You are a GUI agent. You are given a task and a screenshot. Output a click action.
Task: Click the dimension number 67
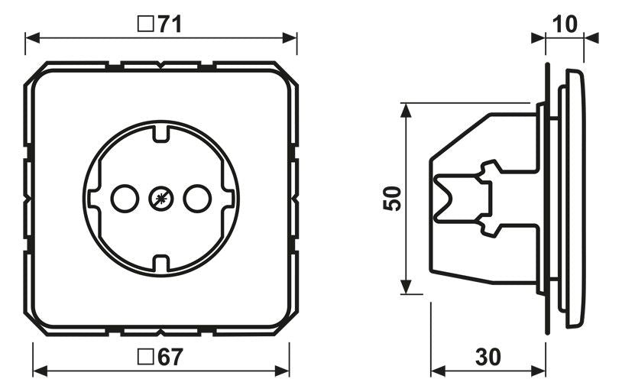click(170, 357)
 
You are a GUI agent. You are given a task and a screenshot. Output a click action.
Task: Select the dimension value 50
click(391, 199)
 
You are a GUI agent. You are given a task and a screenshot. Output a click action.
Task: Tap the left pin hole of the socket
click(121, 199)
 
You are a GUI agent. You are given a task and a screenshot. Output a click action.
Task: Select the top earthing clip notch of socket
click(160, 134)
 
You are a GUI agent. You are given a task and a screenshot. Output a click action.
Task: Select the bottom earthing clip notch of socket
click(160, 264)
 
